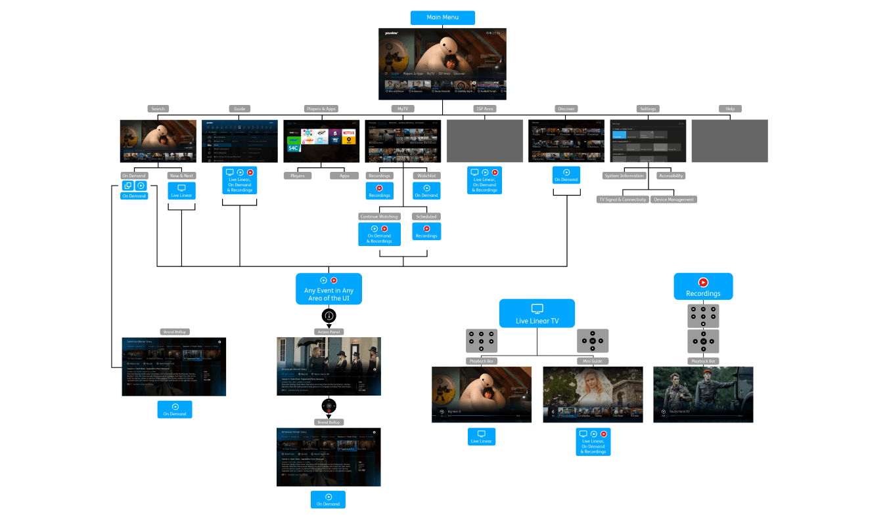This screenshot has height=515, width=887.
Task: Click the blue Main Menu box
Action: [x=442, y=17]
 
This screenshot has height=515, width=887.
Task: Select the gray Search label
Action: [x=158, y=109]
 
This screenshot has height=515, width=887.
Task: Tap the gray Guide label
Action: [x=239, y=109]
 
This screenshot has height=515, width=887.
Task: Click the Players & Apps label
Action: [x=321, y=109]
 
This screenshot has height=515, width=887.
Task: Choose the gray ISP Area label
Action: [x=484, y=109]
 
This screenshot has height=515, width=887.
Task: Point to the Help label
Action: [x=730, y=109]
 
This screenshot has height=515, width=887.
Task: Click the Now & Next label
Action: [x=182, y=176]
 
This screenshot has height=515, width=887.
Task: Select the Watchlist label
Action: [x=426, y=176]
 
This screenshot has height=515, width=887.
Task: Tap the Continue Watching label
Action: [x=380, y=216]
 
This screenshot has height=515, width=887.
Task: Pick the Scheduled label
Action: [x=426, y=216]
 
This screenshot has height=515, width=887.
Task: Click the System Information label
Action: [x=624, y=176]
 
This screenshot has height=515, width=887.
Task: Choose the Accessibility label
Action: [x=671, y=176]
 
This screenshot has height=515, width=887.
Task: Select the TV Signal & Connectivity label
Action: [x=622, y=199]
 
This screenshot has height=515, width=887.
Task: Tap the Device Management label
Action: [x=673, y=199]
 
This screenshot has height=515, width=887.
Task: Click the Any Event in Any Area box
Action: [x=329, y=289]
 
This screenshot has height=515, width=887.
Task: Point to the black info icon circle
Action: [x=329, y=316]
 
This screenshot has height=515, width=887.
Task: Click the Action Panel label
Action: [x=329, y=332]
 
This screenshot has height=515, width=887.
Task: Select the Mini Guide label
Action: [x=593, y=361]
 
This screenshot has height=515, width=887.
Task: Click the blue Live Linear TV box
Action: [x=537, y=314]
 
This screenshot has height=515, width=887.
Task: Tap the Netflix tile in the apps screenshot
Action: [x=348, y=133]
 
